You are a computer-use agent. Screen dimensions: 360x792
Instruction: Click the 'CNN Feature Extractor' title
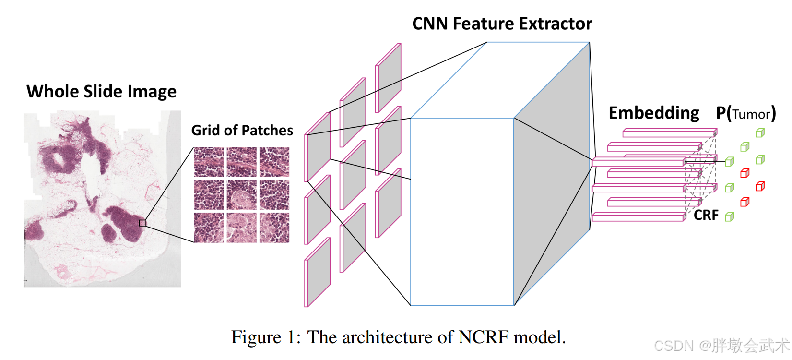pyautogui.click(x=502, y=24)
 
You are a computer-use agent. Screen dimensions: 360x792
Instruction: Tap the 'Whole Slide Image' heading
pyautogui.click(x=101, y=91)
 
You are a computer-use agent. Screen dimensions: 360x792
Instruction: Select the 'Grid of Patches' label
pyautogui.click(x=242, y=130)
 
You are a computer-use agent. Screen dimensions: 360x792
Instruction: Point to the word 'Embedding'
pyautogui.click(x=653, y=113)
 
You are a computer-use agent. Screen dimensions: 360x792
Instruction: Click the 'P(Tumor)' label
pyautogui.click(x=745, y=113)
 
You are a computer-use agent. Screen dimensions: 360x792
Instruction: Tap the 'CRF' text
pyautogui.click(x=706, y=215)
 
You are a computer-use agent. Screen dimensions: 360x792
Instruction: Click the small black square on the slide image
pyautogui.click(x=142, y=223)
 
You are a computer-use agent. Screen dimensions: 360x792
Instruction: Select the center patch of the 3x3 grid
pyautogui.click(x=241, y=194)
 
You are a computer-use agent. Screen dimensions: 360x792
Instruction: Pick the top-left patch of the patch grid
pyautogui.click(x=209, y=162)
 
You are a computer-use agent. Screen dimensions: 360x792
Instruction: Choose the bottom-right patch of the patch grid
pyautogui.click(x=274, y=227)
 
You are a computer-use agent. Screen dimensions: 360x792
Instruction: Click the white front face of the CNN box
pyautogui.click(x=462, y=211)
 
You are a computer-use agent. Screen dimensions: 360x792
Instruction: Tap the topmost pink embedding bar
pyautogui.click(x=669, y=133)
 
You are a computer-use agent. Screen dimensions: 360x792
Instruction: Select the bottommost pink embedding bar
pyautogui.click(x=638, y=217)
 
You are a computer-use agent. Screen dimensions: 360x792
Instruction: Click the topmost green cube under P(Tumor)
pyautogui.click(x=760, y=133)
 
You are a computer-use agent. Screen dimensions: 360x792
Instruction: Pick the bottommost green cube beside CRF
pyautogui.click(x=729, y=217)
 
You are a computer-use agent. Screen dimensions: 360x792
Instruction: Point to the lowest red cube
pyautogui.click(x=745, y=202)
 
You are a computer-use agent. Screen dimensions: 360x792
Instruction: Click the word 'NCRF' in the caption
pyautogui.click(x=483, y=337)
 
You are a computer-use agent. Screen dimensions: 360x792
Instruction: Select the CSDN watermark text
pyautogui.click(x=721, y=345)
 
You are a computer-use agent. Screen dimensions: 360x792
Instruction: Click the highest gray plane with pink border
pyautogui.click(x=388, y=78)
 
